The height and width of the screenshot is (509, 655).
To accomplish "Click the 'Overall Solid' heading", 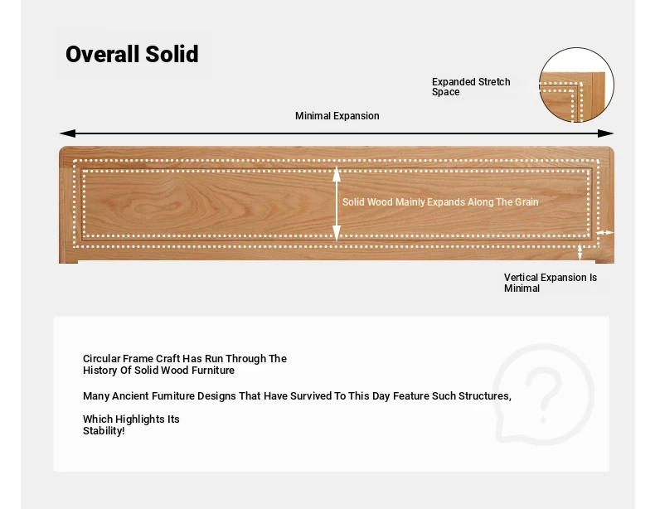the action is click(x=132, y=54).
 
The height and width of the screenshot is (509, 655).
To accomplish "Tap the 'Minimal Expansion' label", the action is click(x=337, y=116).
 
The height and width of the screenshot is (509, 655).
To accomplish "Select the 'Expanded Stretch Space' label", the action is click(x=471, y=87).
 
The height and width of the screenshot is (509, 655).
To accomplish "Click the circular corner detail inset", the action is click(x=576, y=85).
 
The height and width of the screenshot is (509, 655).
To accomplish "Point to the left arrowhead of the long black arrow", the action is click(x=68, y=133).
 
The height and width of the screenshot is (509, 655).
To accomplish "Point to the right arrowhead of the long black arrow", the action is click(x=606, y=133).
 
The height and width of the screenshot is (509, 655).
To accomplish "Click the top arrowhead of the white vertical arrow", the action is click(x=337, y=174).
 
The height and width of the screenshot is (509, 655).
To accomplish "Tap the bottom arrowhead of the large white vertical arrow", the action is click(x=337, y=233).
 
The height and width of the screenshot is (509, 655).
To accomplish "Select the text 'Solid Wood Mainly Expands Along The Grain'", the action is click(x=440, y=202).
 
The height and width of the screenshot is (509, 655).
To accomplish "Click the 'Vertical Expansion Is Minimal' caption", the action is click(x=551, y=283).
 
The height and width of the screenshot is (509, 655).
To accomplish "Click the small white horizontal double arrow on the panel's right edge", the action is click(x=604, y=233).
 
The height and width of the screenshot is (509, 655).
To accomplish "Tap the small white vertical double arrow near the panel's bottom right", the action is click(x=580, y=252).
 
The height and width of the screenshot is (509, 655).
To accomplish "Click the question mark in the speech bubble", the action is click(x=543, y=395).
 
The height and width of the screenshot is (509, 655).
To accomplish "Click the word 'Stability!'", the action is click(x=104, y=431).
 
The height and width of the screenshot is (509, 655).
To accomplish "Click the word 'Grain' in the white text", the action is click(x=526, y=202).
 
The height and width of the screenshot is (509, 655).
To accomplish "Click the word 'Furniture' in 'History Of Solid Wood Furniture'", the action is click(x=213, y=371).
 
